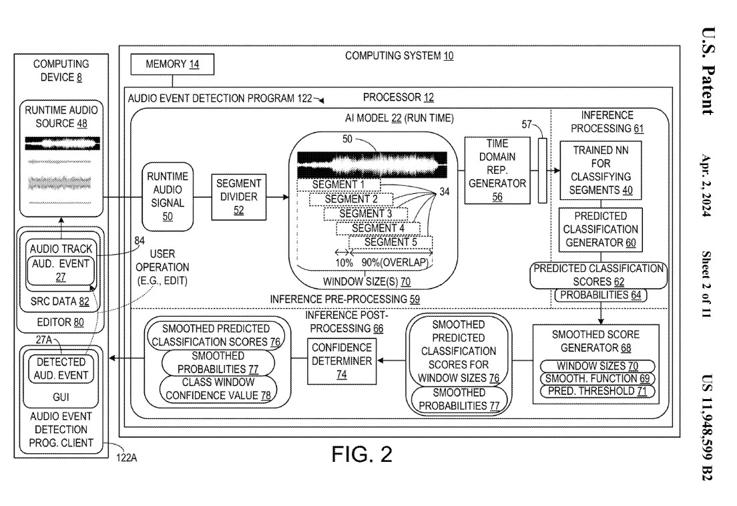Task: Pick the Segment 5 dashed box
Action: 391,242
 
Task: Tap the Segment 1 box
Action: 339,184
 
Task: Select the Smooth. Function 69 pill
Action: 598,379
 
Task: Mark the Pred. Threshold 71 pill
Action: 598,391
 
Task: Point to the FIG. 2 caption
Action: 359,455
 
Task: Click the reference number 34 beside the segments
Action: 445,193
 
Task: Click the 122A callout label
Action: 128,459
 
